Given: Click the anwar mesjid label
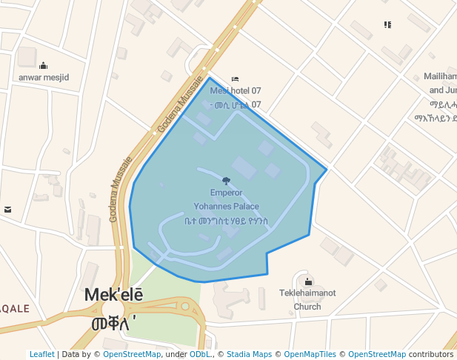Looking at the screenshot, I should coord(44,77).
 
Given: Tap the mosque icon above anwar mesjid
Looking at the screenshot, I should coord(43,65).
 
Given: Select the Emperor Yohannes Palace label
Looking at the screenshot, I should coord(226,199).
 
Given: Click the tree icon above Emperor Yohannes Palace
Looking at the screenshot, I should coord(226,181).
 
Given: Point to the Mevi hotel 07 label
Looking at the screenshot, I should coord(236,90).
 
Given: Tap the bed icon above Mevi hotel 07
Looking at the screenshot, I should coord(236,79).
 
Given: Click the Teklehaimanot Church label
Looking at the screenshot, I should coord(307,299).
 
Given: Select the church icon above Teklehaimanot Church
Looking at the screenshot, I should coord(308,281).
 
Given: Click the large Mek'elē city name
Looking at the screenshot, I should coord(113,295).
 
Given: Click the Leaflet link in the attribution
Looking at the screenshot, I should coord(41,354).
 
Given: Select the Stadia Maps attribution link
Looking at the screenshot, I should coord(249,354).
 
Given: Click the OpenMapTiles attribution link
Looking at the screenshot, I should coord(312,354).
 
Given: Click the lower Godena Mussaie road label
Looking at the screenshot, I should coord(121,189).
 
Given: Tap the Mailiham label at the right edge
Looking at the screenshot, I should coord(439,76).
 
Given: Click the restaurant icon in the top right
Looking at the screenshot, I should coord(387,24).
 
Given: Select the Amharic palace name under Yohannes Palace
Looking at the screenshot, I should coord(226,221).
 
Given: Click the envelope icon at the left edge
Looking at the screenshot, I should coord(7,210).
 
